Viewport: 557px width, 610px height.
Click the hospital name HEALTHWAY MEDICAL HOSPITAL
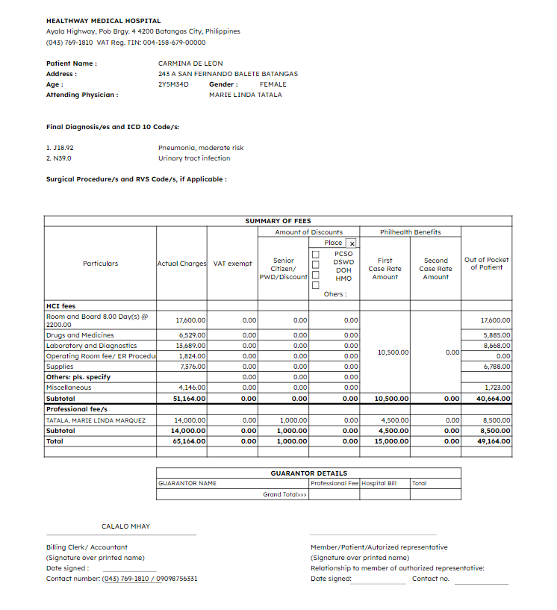[x=103, y=21]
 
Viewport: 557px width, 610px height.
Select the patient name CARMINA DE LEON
[x=190, y=63]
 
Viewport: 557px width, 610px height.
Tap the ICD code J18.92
[x=59, y=148]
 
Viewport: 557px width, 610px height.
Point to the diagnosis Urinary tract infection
[x=194, y=158]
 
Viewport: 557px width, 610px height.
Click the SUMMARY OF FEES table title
[x=278, y=221]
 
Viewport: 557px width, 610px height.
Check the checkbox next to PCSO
[x=315, y=254]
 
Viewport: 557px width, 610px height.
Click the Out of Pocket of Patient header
[x=486, y=264]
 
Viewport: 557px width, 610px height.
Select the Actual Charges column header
[x=181, y=264]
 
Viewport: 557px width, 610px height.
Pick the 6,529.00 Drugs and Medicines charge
[x=191, y=335]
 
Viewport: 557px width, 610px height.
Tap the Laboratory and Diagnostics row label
[x=91, y=346]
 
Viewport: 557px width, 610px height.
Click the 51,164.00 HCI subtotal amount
[x=190, y=399]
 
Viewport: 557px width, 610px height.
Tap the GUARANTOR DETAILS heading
[x=308, y=473]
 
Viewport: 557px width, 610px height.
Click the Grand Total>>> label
[x=284, y=494]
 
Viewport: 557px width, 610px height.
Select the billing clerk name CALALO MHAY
[x=125, y=526]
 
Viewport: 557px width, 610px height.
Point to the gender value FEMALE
[x=273, y=84]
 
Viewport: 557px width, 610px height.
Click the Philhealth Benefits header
[x=410, y=232]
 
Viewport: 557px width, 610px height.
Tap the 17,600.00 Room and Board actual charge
[x=191, y=320]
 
